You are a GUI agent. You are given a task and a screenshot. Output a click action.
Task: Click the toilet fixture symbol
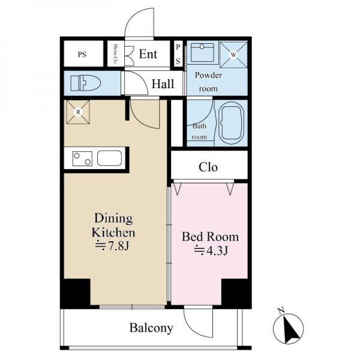coord(85,83)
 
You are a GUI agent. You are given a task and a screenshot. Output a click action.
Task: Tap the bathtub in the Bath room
coord(231,123)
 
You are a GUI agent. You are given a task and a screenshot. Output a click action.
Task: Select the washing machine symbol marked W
coord(233,55)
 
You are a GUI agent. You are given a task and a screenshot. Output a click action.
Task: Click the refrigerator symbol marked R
coord(78,112)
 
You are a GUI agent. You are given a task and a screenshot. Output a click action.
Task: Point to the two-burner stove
coord(82,158)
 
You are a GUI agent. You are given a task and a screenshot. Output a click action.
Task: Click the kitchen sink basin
coord(110,158)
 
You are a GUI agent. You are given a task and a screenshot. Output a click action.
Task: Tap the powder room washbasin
coord(202,53)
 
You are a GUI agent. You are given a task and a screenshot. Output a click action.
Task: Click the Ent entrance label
coord(148,54)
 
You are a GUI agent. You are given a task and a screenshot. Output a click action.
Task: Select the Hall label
coord(163,84)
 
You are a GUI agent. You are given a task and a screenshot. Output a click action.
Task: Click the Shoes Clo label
coord(116,54)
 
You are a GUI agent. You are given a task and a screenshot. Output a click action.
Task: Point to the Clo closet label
coord(208,167)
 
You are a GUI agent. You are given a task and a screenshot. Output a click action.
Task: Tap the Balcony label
coord(151,328)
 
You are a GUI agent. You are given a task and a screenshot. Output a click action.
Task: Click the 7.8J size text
coord(113,246)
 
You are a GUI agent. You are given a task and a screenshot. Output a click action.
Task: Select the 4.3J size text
coord(211,251)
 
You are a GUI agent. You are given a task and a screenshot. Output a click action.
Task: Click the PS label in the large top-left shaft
coord(82,55)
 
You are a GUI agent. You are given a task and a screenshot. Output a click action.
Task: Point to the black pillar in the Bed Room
coord(235,292)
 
